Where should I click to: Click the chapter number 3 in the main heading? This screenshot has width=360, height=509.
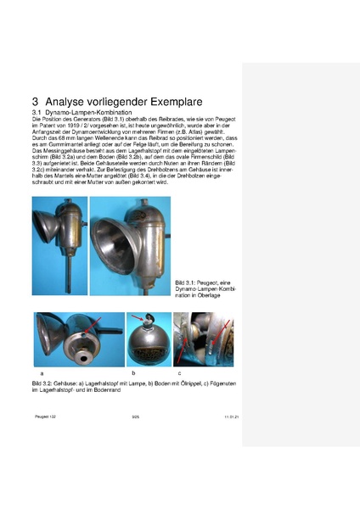click(x=36, y=99)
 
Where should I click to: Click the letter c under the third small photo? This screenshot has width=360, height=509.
click(x=179, y=372)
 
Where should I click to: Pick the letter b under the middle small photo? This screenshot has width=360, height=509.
click(x=132, y=372)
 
